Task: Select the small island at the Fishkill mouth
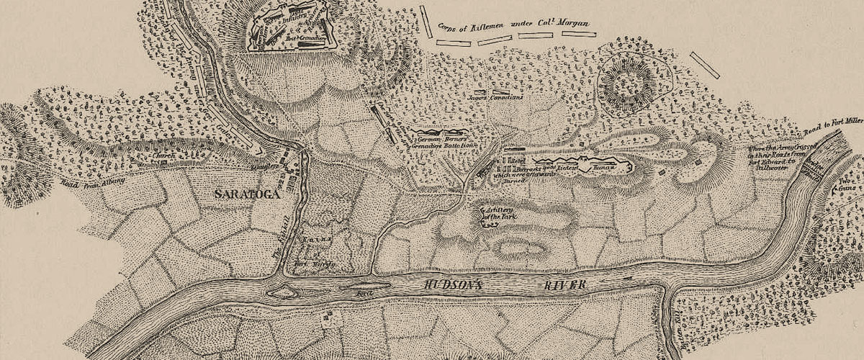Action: coord(282,291)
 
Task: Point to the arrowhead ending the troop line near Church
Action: coord(258,149)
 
